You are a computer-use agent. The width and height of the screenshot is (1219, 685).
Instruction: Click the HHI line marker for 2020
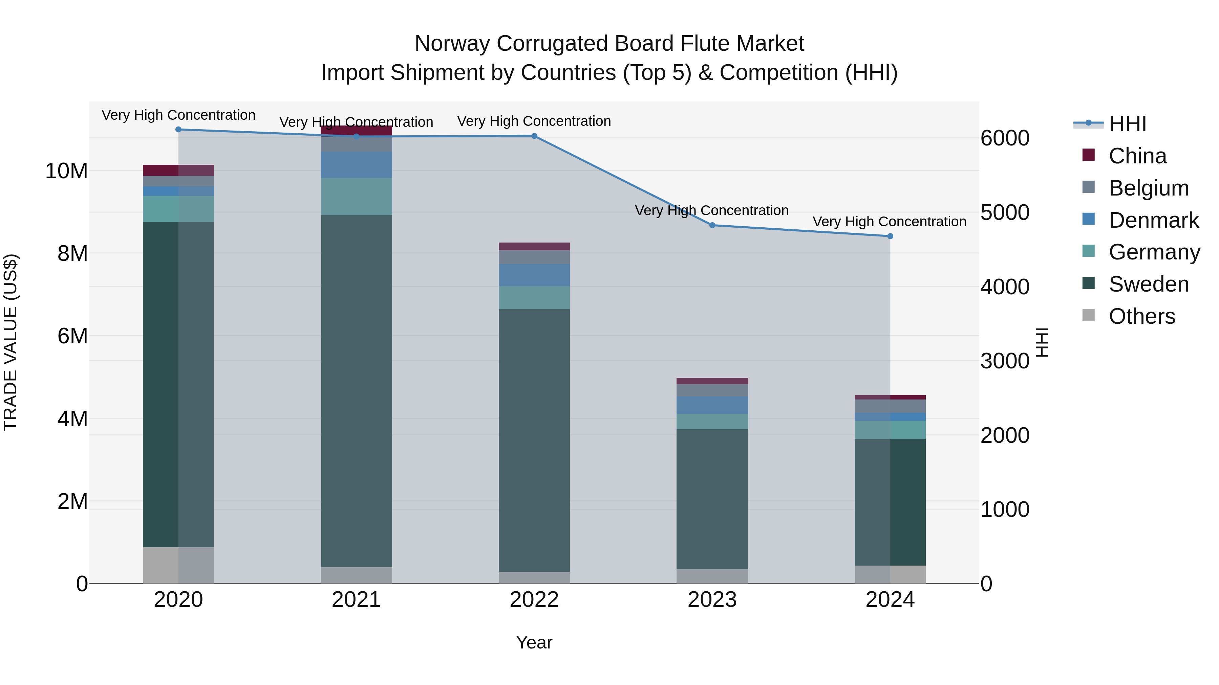point(178,130)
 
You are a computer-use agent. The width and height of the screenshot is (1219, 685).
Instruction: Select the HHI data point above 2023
point(712,226)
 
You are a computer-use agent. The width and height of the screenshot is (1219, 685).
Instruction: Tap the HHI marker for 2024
point(890,236)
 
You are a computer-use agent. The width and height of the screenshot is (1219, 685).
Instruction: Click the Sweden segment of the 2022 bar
point(534,440)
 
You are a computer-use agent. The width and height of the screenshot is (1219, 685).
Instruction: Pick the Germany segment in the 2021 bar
point(356,197)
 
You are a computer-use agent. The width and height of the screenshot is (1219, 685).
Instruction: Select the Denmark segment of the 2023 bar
point(712,405)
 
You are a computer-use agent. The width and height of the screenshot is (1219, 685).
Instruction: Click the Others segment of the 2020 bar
point(178,565)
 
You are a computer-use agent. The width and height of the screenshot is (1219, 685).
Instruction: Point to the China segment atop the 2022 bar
point(534,246)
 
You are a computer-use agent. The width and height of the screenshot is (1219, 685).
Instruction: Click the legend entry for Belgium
point(1149,188)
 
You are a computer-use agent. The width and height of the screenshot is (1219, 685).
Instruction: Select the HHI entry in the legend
point(1127,124)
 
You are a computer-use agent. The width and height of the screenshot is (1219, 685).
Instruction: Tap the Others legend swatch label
point(1141,316)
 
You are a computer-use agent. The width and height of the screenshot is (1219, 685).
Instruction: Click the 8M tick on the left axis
point(72,253)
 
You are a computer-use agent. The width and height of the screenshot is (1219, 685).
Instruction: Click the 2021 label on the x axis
point(356,600)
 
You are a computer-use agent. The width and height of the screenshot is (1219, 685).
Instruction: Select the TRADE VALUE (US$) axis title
point(10,342)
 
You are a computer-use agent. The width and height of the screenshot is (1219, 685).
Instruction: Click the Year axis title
point(534,642)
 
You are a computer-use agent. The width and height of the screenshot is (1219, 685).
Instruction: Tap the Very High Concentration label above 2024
point(889,221)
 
